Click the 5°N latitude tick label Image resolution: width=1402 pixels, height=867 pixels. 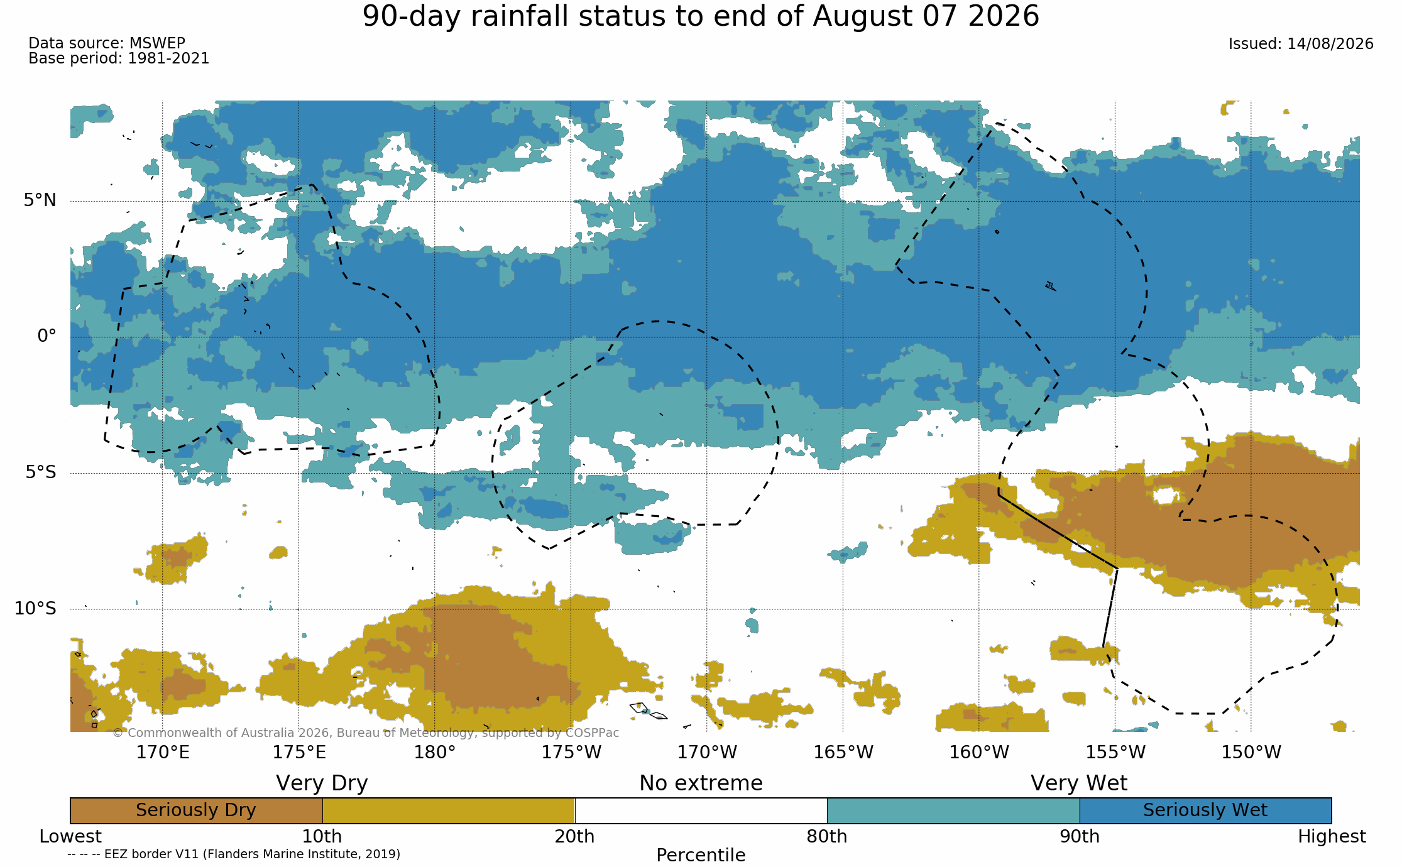(40, 200)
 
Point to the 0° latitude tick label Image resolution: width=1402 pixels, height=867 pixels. (47, 336)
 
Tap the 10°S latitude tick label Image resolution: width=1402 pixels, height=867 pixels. (35, 608)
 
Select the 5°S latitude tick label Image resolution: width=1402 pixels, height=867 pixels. (41, 472)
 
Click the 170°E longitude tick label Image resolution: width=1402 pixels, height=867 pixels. (163, 752)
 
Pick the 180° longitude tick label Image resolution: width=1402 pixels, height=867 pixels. (434, 752)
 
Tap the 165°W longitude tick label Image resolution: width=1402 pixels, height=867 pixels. (843, 752)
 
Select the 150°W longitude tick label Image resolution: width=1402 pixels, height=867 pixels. (1251, 752)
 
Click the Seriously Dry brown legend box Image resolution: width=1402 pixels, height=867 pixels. (196, 810)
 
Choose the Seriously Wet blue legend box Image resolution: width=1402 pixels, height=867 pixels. (1205, 810)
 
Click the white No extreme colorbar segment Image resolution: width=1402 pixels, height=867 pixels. (701, 810)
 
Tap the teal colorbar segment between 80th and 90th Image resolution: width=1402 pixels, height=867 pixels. (953, 810)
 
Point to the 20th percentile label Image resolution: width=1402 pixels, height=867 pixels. (574, 837)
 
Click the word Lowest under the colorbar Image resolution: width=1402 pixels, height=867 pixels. (70, 837)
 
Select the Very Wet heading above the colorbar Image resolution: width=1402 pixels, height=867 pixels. (1079, 783)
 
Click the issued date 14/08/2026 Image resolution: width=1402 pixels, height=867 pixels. (1330, 44)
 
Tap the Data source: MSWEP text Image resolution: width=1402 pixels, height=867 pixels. (107, 43)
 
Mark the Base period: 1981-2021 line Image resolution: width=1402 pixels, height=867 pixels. (119, 58)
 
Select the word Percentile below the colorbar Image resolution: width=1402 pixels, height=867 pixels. (701, 855)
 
